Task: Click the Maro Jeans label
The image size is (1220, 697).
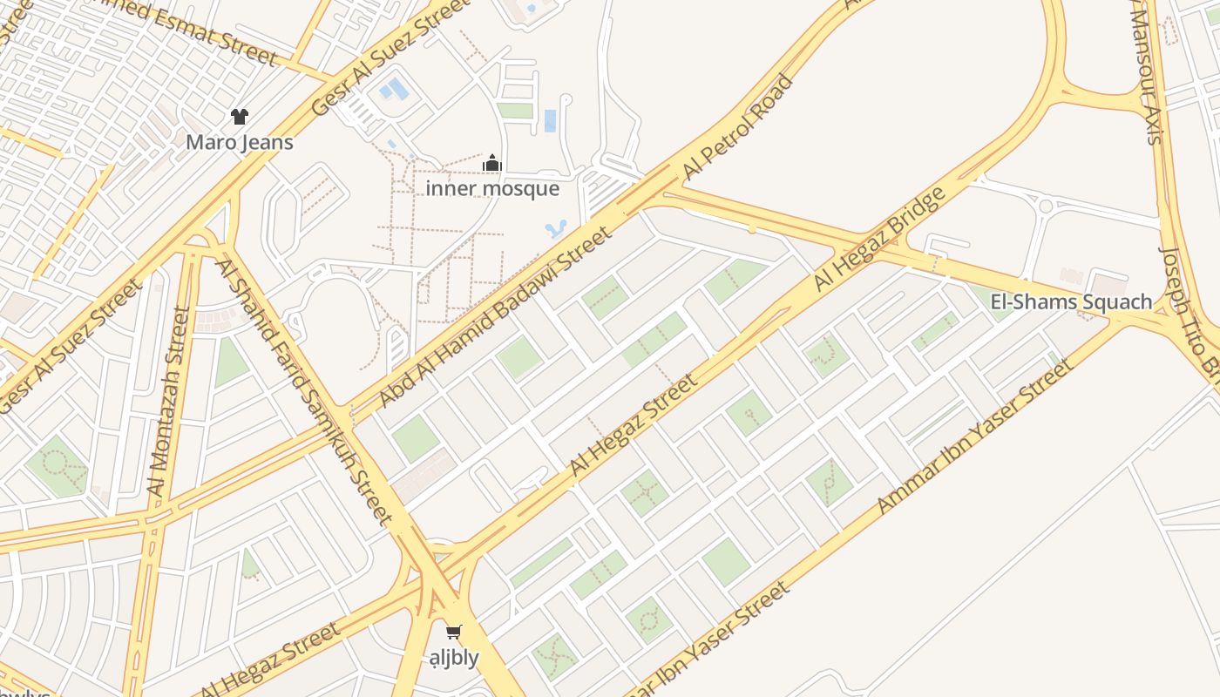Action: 240,141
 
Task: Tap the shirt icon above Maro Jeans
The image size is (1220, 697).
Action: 240,117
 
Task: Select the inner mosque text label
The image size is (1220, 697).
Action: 492,188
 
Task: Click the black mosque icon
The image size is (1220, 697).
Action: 492,163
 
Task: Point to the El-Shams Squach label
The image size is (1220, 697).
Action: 1071,302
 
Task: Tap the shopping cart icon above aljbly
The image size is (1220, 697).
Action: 453,632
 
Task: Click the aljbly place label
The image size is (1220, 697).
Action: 454,657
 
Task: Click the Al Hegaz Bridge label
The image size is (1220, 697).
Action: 879,239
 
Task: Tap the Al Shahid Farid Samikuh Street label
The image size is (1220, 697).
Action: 305,392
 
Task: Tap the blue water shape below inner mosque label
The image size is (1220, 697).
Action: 555,230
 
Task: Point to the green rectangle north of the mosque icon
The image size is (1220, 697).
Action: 515,111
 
